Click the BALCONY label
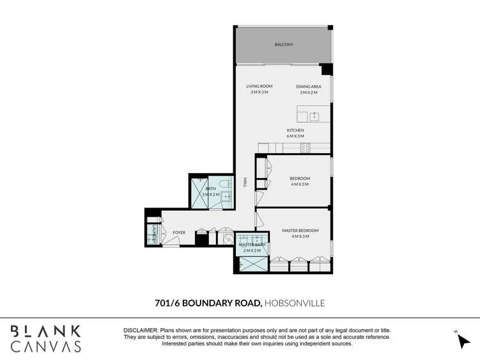[284, 45]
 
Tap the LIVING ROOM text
[260, 86]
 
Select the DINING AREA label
[308, 86]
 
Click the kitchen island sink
[314, 116]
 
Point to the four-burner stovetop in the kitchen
[306, 148]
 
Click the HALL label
[245, 183]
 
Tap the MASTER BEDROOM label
[300, 231]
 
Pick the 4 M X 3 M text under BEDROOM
[300, 184]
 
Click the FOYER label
[179, 233]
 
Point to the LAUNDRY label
[154, 234]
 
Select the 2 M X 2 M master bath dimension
[252, 250]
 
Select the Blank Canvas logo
[45, 339]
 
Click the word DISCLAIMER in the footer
[140, 330]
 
